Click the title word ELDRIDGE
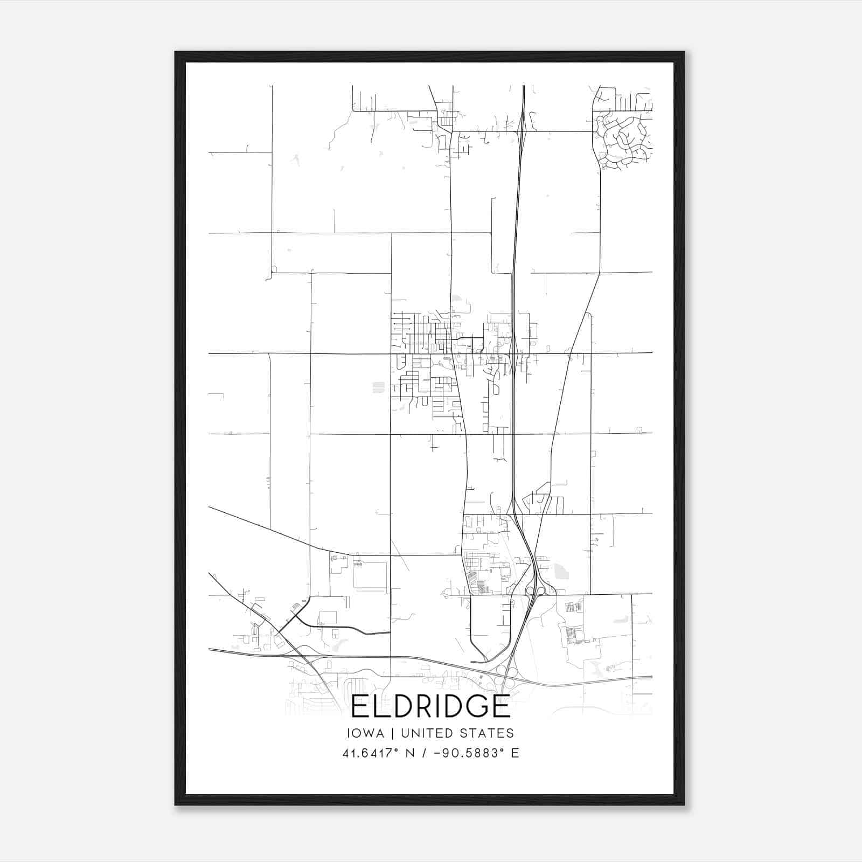click(430, 706)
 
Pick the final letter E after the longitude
click(515, 753)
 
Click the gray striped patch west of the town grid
click(378, 387)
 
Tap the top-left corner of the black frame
click(176, 53)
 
